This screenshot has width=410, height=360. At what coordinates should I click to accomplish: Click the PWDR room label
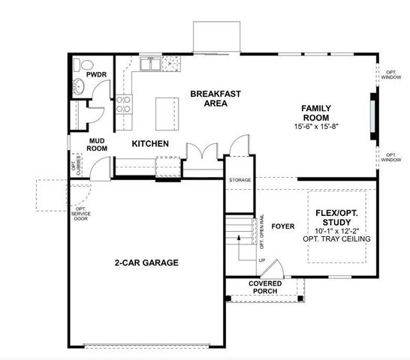click(x=95, y=75)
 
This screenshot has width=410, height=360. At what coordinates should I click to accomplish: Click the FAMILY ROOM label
click(x=316, y=113)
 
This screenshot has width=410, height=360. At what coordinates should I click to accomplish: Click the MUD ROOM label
click(x=97, y=144)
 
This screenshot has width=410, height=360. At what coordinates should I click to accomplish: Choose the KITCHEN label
click(x=149, y=144)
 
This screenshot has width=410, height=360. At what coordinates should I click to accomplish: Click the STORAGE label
click(x=240, y=181)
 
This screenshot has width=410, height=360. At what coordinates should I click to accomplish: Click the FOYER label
click(x=282, y=224)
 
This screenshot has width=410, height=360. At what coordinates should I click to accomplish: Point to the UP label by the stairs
click(x=261, y=260)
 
